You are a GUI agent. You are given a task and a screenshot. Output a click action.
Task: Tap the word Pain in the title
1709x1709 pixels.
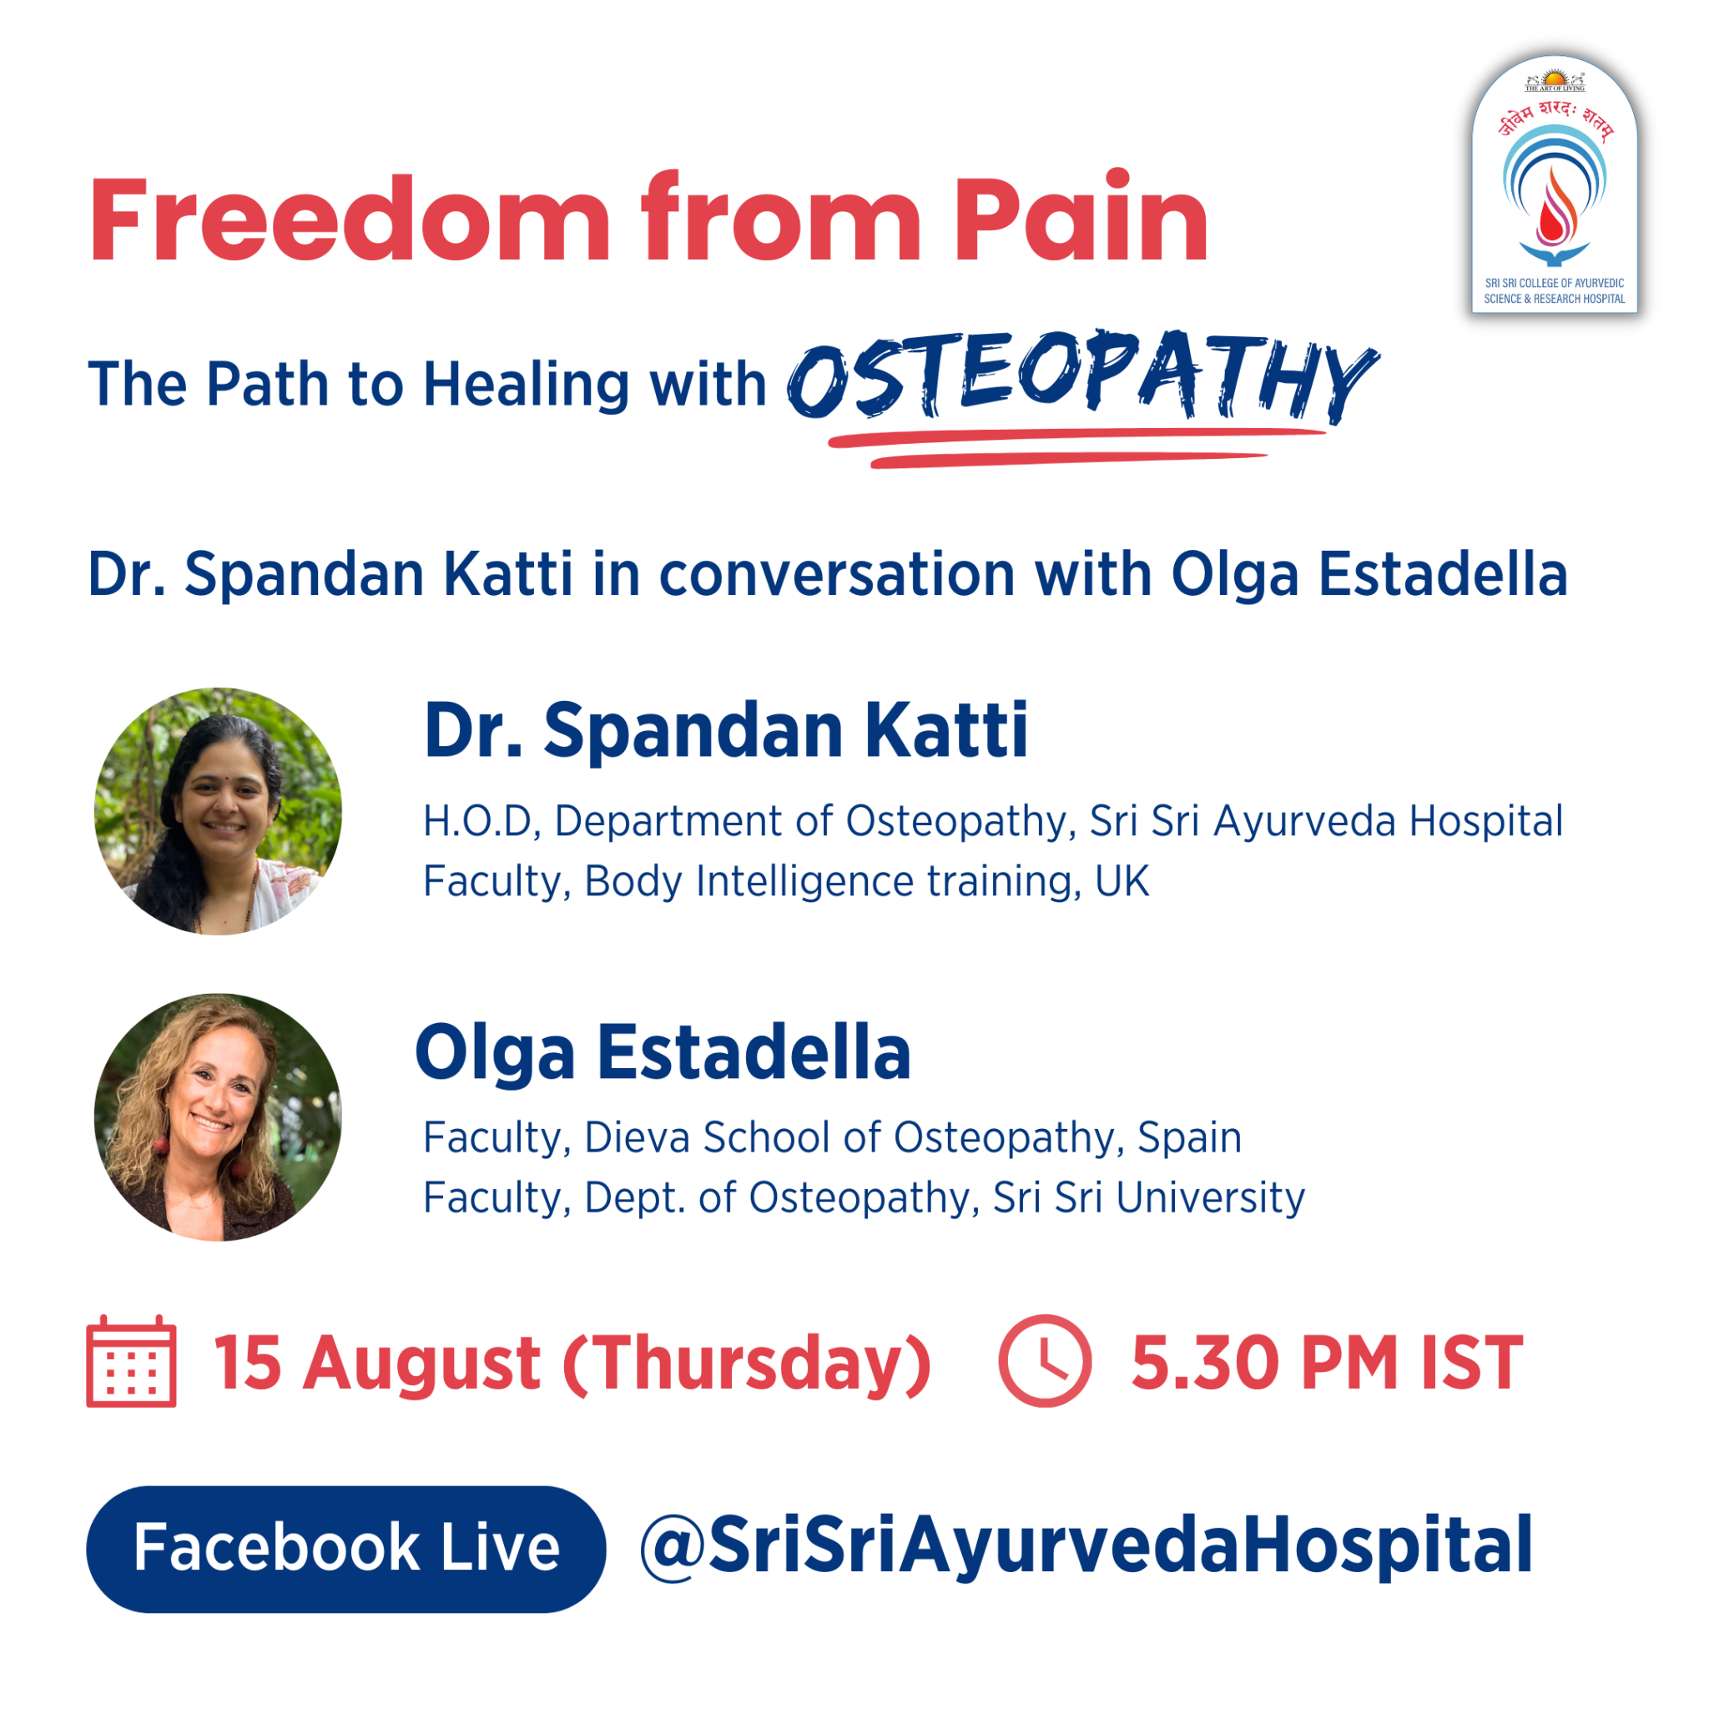tap(1081, 216)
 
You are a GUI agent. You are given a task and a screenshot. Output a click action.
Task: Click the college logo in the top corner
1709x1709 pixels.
tap(1554, 184)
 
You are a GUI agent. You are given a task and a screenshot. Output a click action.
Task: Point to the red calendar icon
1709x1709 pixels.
tap(131, 1360)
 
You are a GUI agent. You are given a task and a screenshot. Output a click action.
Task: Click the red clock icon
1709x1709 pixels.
tap(1045, 1360)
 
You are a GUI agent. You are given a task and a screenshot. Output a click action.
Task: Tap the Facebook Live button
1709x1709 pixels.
tap(345, 1549)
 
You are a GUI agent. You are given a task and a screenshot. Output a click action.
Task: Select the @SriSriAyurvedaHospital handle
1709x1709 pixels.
tap(1086, 1546)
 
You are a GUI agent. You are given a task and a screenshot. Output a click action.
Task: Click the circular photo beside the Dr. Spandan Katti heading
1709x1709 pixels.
tap(219, 811)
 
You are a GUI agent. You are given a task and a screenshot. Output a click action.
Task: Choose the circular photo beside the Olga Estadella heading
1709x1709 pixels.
tap(219, 1117)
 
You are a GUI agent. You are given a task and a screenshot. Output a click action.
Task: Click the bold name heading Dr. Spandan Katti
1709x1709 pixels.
tap(725, 730)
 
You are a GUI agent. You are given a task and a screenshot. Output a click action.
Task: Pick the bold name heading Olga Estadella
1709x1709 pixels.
tap(663, 1052)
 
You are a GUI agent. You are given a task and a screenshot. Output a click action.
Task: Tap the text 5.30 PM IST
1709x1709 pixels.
tap(1327, 1362)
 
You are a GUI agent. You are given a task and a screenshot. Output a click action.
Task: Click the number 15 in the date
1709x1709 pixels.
tap(247, 1362)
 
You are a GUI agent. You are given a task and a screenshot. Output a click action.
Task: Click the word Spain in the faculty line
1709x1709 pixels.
tap(1189, 1138)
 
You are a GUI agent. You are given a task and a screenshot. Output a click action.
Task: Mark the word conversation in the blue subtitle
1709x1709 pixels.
tap(837, 574)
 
